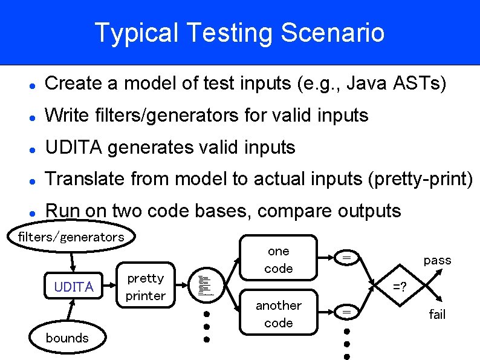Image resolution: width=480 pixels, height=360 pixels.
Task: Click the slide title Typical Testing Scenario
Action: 239,33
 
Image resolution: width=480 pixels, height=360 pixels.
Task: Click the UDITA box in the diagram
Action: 74,287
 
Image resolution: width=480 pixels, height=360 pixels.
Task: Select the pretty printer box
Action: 145,287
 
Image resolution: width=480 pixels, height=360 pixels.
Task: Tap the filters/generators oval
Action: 71,237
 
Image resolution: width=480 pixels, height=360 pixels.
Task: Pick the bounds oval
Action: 67,338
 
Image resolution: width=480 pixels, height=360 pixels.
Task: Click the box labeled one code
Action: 279,259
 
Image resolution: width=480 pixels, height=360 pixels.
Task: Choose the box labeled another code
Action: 279,314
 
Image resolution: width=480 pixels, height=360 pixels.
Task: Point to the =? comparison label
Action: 400,286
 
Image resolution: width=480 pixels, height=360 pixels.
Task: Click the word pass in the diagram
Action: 437,260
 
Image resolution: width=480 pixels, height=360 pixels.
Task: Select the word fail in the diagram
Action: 437,314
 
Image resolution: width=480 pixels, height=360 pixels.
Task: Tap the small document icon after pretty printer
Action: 206,284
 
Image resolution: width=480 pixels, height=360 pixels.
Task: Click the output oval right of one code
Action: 347,258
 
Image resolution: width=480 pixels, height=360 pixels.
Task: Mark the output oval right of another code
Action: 347,312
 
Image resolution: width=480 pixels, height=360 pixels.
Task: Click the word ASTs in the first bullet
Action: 423,83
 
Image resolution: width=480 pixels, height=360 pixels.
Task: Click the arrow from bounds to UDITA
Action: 71,312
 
